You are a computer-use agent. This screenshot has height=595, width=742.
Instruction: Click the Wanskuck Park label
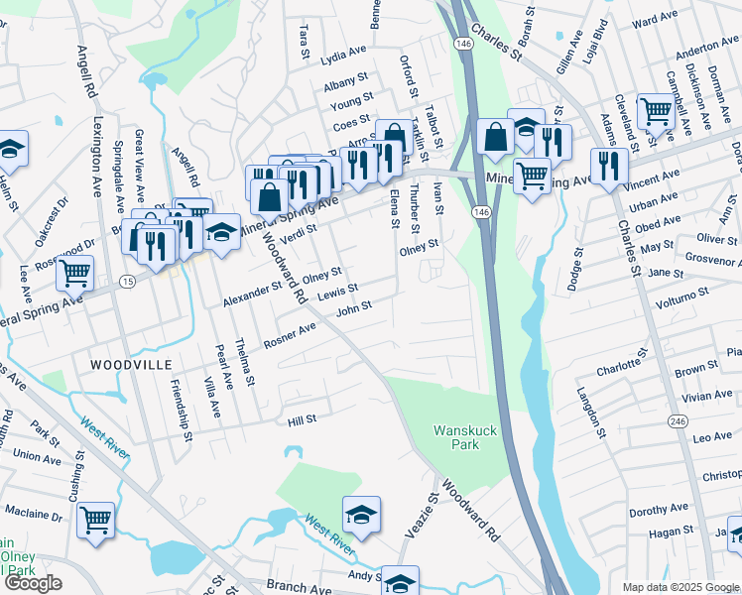pos(456,437)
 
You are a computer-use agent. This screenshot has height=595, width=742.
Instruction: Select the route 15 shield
pos(128,283)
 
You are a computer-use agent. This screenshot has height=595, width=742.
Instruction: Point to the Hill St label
pos(302,419)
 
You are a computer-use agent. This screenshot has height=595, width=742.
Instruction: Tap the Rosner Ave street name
pos(290,335)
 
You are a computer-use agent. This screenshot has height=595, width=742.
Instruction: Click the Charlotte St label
pos(621,362)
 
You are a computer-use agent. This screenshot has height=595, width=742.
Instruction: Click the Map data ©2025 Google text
pos(674,587)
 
